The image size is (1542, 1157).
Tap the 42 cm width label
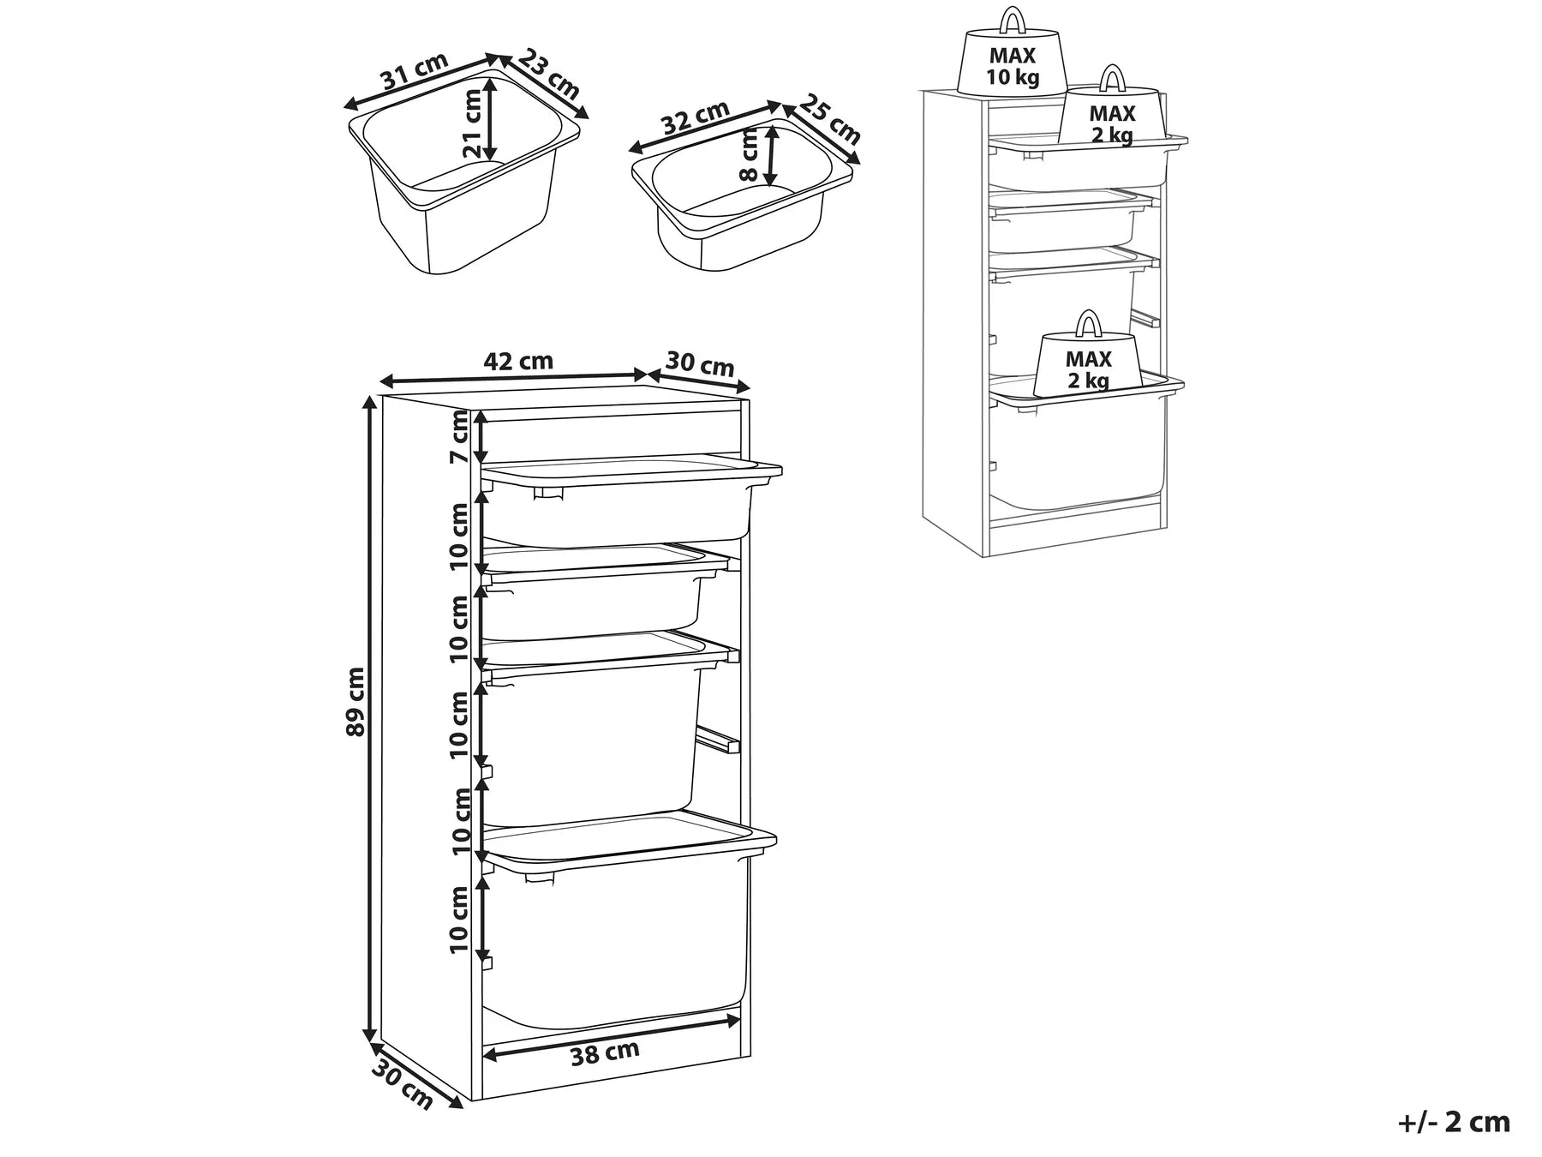point(518,361)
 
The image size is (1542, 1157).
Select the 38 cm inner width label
point(606,1052)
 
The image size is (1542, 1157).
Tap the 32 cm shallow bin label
point(696,119)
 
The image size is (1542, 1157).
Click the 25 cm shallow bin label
point(830,119)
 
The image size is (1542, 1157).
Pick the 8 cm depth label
point(750,155)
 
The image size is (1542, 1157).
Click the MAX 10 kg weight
point(1013,67)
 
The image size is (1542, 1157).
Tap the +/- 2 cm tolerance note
point(1454,1121)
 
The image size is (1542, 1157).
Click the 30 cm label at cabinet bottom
point(403,1083)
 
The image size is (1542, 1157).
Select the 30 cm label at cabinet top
point(700,364)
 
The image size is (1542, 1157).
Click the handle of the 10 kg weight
point(1013,19)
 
